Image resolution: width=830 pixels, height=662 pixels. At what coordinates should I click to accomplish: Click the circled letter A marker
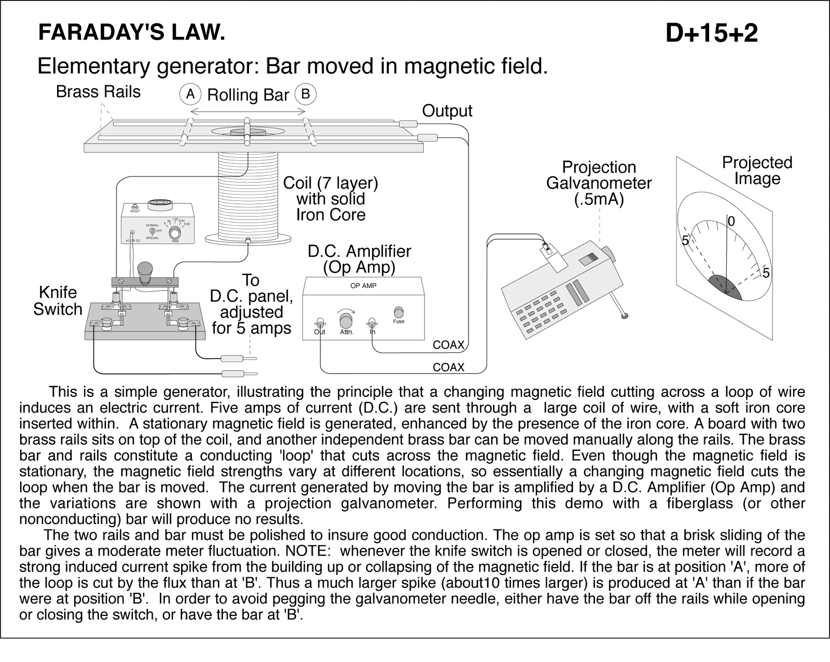pos(190,94)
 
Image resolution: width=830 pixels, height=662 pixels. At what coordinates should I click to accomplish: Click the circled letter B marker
pos(306,94)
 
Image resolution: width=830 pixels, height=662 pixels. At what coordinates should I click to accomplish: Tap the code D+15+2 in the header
pos(711,34)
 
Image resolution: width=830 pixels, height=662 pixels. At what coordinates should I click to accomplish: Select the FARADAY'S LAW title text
pos(132,33)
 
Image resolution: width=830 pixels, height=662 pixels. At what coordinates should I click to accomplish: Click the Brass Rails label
pos(98,92)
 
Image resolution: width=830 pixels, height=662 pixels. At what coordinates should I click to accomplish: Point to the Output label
pos(447,111)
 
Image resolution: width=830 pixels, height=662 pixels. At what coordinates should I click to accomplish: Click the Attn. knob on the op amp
pos(345,321)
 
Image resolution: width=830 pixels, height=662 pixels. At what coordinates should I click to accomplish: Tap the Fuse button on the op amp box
pos(398,312)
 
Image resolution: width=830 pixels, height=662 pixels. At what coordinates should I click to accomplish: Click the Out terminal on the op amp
pos(320,322)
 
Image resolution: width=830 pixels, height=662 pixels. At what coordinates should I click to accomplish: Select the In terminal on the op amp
pos(371,322)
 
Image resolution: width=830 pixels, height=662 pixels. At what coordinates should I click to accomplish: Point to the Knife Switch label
pos(58,301)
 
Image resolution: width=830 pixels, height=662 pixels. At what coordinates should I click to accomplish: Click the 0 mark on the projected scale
pos(731,222)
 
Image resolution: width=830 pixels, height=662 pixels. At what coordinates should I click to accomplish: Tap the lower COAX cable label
pos(448,367)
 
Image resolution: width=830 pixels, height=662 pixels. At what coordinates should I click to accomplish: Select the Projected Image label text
pos(757,170)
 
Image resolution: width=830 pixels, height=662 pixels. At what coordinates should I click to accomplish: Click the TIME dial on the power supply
pos(175,232)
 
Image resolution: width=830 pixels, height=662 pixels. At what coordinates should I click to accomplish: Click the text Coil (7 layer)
pos(330,183)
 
